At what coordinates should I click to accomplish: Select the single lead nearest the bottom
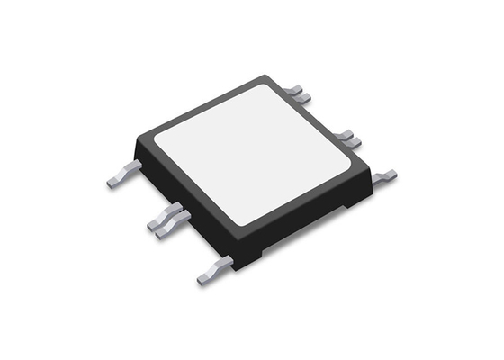point(213,271)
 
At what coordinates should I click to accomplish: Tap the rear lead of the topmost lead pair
point(294,89)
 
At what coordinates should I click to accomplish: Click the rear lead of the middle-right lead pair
point(342,135)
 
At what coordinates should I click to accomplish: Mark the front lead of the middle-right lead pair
point(352,141)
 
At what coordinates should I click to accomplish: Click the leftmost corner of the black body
point(135,142)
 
